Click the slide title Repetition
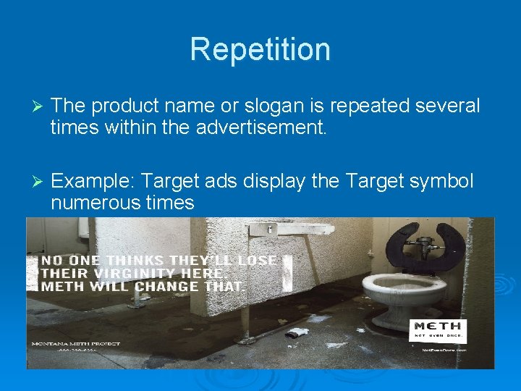(260, 49)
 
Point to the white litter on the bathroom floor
(297, 332)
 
